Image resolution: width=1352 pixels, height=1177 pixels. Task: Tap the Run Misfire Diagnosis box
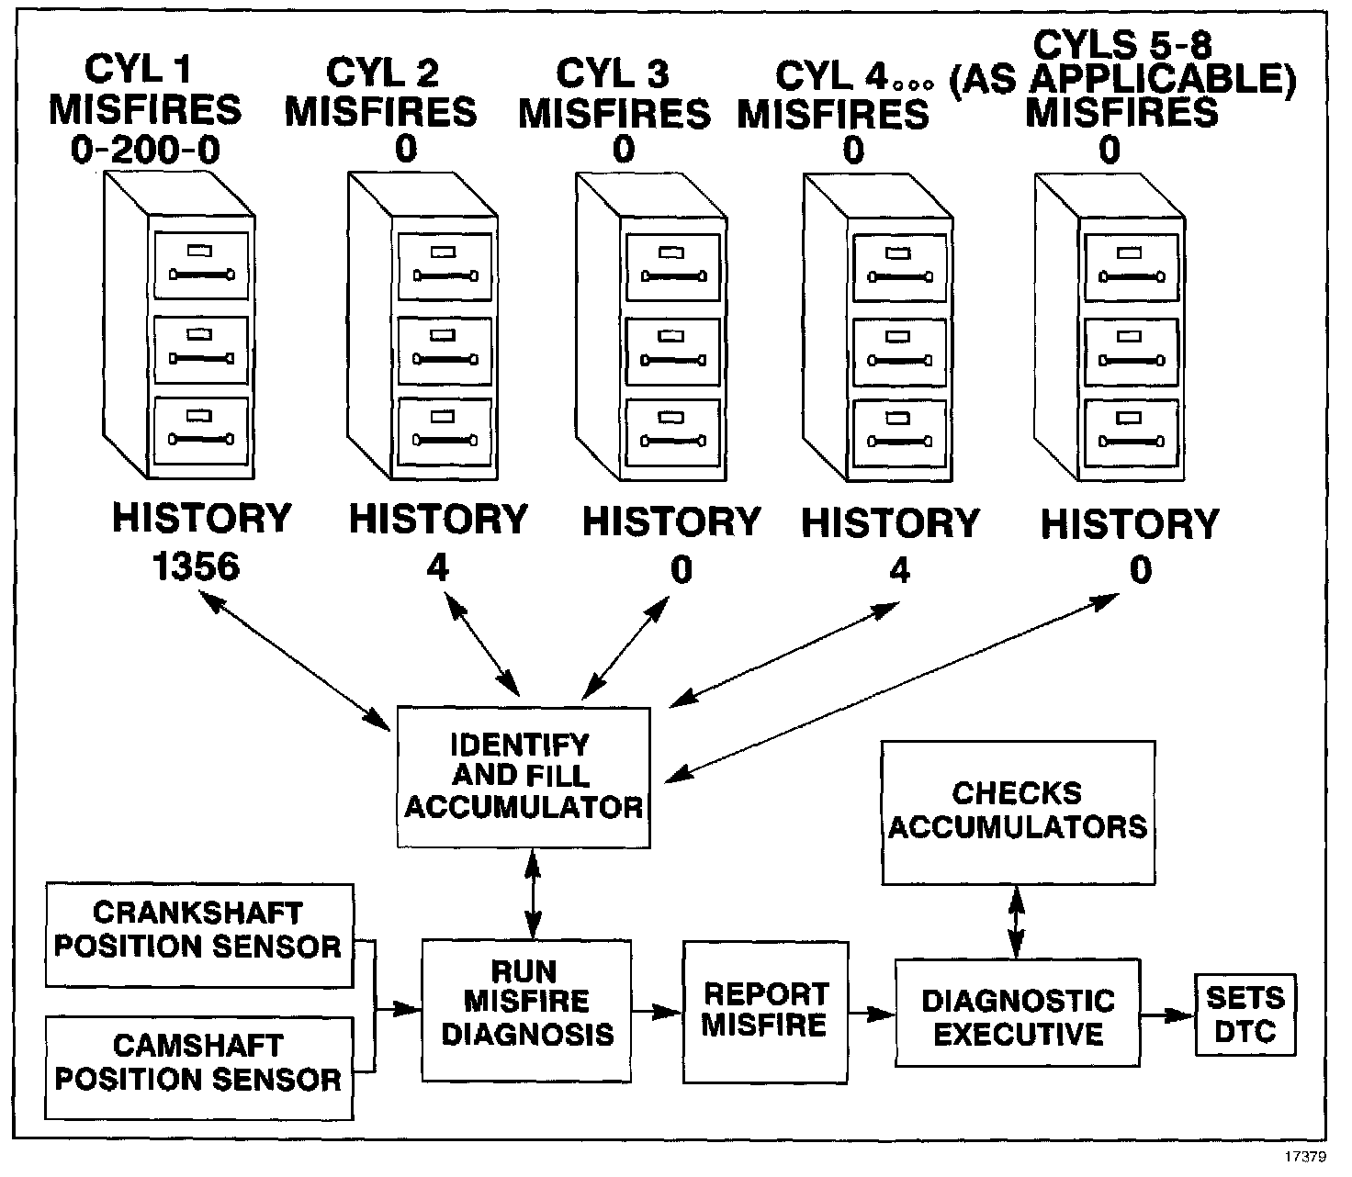pyautogui.click(x=527, y=1003)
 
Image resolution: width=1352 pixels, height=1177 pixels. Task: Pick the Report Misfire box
pyautogui.click(x=764, y=1011)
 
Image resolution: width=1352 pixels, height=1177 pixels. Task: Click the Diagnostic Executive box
pyautogui.click(x=1017, y=1013)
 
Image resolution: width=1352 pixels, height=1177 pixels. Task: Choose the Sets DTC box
pyautogui.click(x=1245, y=1014)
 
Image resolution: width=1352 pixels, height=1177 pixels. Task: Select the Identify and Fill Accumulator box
pyautogui.click(x=524, y=777)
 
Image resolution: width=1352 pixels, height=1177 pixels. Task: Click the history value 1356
pyautogui.click(x=197, y=567)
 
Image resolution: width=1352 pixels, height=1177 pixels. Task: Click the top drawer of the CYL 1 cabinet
pyautogui.click(x=201, y=264)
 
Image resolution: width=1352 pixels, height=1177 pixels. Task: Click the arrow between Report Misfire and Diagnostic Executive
pyautogui.click(x=872, y=1014)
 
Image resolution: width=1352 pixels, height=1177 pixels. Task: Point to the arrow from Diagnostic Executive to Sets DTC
pyautogui.click(x=1166, y=1015)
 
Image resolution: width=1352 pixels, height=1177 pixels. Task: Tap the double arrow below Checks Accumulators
pyautogui.click(x=1016, y=921)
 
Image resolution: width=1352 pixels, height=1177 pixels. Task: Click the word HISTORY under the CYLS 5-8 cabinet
pyautogui.click(x=1129, y=524)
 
